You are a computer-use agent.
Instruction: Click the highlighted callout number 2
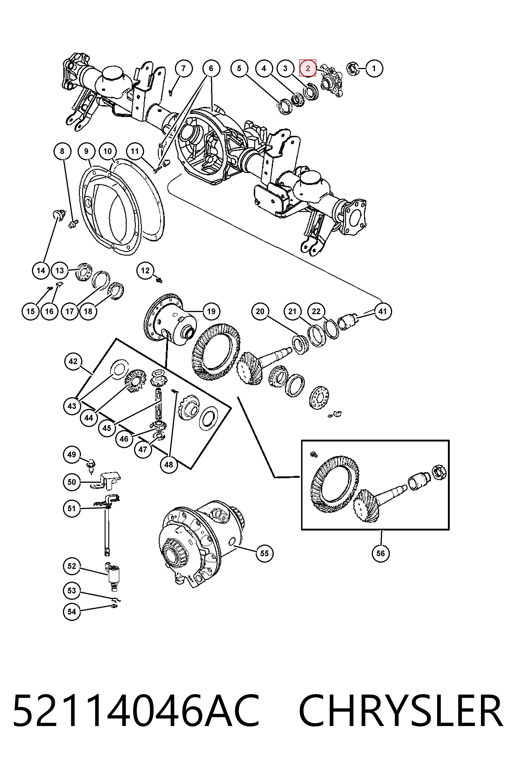tap(308, 68)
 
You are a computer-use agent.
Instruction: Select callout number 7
tap(183, 68)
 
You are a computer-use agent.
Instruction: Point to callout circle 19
tap(211, 311)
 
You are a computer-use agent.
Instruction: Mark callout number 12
tap(145, 271)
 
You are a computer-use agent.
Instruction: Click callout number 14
tap(41, 271)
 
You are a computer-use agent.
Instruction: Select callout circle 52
tap(72, 566)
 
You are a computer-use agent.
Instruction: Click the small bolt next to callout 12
tap(160, 280)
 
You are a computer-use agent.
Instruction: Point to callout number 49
tap(72, 455)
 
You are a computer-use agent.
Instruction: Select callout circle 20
tap(260, 311)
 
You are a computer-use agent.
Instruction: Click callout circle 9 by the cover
tap(86, 151)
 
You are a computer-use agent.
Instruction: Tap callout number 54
tap(72, 612)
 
